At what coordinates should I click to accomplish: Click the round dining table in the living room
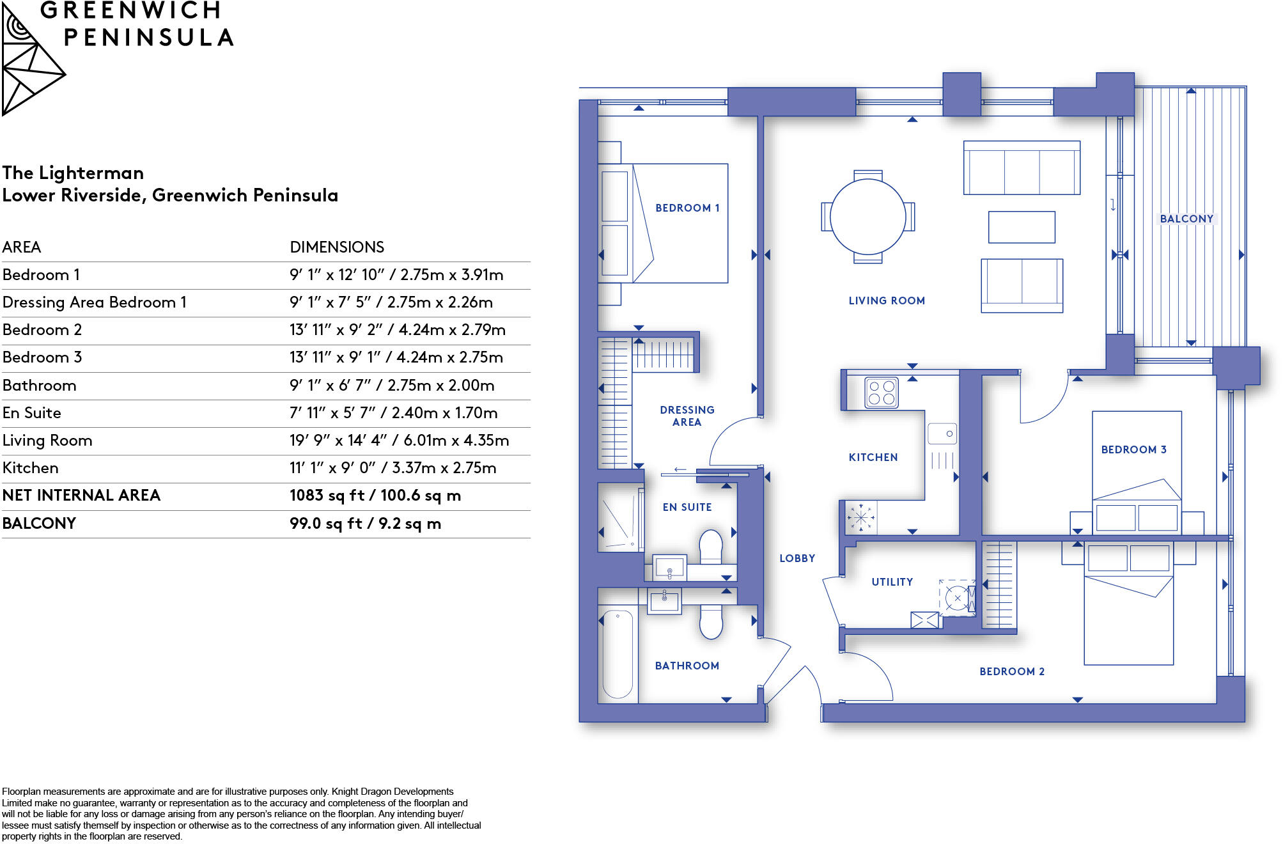[867, 217]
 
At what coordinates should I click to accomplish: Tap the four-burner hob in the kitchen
[882, 393]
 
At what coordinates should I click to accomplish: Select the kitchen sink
[942, 434]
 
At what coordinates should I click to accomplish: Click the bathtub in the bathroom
[618, 654]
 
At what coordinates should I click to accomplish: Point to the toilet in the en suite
[711, 547]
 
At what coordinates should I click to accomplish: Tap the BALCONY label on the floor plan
[1186, 219]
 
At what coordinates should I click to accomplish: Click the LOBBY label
[797, 558]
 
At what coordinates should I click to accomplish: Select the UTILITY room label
[892, 582]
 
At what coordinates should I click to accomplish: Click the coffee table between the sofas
[1022, 227]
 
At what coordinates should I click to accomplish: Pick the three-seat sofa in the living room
[1022, 168]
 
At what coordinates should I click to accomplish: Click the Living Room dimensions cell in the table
[399, 441]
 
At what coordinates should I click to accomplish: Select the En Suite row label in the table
[32, 413]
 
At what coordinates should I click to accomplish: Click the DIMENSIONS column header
[337, 247]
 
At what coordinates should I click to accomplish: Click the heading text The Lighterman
[73, 173]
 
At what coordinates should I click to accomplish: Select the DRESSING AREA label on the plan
[687, 416]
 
